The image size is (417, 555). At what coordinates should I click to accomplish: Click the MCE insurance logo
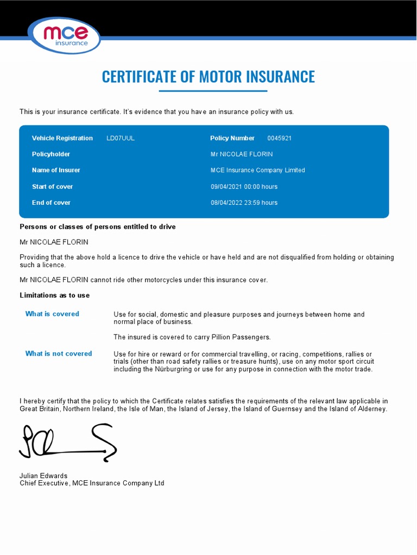click(x=65, y=36)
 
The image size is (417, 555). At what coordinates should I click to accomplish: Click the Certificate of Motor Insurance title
click(x=208, y=76)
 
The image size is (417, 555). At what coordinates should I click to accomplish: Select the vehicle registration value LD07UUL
click(x=121, y=138)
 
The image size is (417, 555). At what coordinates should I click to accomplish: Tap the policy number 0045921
click(x=280, y=138)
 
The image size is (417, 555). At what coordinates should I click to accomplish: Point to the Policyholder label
click(x=51, y=154)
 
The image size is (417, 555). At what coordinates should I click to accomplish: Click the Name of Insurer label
click(x=56, y=170)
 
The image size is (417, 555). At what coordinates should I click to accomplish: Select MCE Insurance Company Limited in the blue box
click(x=258, y=170)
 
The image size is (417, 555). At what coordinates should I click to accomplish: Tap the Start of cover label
click(x=52, y=186)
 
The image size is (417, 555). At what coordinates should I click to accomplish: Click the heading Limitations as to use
click(x=55, y=295)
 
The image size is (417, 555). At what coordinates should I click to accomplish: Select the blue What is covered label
click(x=52, y=314)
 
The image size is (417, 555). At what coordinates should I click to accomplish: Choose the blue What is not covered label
click(x=59, y=353)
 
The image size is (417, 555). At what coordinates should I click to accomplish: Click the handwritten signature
click(x=68, y=442)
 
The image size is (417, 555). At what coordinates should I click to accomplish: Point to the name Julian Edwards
click(x=43, y=476)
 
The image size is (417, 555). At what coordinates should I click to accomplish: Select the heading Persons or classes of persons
click(x=98, y=227)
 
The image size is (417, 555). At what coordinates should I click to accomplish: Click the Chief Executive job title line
click(x=92, y=483)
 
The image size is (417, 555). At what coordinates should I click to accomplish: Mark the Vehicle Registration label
click(x=62, y=138)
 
